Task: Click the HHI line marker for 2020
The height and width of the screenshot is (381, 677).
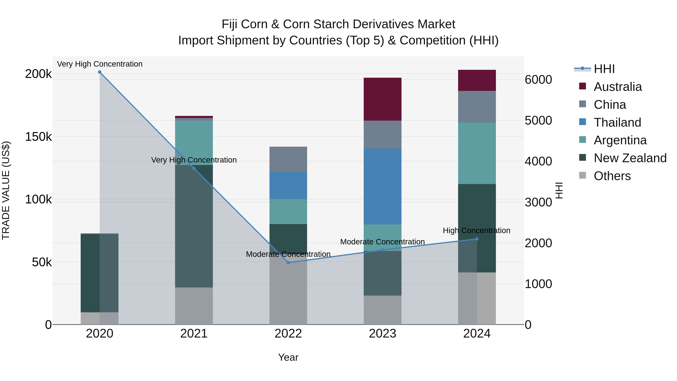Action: click(100, 72)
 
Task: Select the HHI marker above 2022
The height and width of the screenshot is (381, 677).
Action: click(288, 262)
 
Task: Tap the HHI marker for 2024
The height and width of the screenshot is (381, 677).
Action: click(477, 239)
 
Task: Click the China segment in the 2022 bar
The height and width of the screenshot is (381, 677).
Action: click(288, 159)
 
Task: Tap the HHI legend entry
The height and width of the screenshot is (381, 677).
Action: click(604, 69)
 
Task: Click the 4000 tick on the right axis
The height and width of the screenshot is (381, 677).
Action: click(538, 161)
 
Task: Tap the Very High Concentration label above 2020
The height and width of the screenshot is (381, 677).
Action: click(100, 64)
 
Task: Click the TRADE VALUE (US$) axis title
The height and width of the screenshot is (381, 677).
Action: click(6, 190)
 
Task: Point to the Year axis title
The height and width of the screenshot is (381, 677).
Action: click(288, 357)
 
